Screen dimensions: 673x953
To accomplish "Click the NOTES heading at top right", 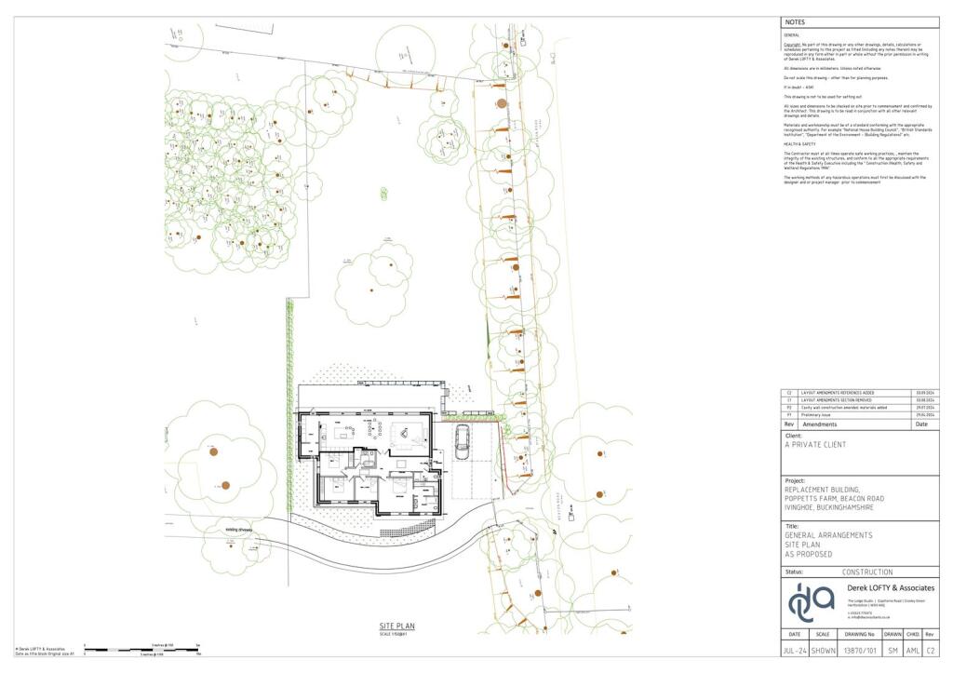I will point(795,21).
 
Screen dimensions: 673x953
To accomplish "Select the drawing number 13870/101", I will point(859,652).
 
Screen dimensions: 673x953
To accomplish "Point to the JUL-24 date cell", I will point(794,652).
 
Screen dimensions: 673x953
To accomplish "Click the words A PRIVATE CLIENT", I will point(816,445).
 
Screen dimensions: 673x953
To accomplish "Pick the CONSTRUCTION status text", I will point(866,572).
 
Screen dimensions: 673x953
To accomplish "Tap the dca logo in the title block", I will point(812,602).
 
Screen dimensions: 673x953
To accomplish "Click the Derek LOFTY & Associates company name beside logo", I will point(891,588).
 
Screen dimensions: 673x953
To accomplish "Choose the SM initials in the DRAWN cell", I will point(893,652).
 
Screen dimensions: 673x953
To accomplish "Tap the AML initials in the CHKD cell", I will point(913,652).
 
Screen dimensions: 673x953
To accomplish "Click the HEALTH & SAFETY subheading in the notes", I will point(799,144).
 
